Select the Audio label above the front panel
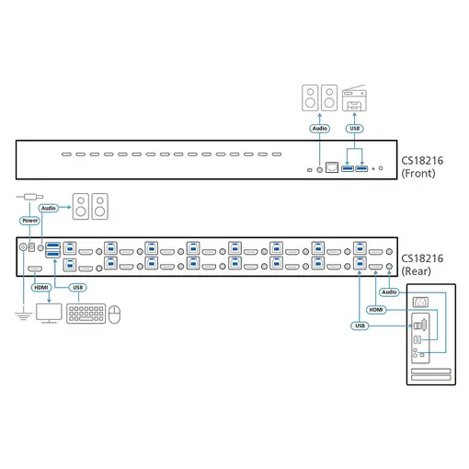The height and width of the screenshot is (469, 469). (319, 129)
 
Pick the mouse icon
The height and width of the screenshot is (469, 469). (115, 315)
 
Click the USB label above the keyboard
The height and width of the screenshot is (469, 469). (79, 287)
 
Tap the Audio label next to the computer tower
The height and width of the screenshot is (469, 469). (389, 292)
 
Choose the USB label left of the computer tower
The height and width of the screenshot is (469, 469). (360, 326)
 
